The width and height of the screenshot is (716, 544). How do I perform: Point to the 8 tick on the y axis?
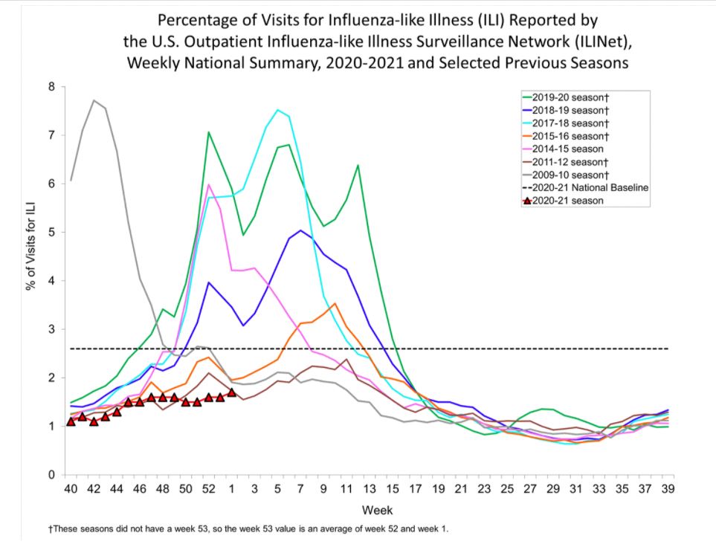pos(51,87)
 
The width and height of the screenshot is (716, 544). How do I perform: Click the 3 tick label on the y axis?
pos(51,329)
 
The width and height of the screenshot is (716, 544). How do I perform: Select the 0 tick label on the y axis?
pos(51,475)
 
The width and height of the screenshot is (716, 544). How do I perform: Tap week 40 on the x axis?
pos(71,489)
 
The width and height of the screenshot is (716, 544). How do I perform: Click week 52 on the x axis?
pos(209,489)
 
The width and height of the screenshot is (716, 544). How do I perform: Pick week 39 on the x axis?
pos(668,489)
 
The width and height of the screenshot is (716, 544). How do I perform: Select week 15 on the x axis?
pos(393,489)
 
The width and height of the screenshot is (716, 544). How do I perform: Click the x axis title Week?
pos(372,511)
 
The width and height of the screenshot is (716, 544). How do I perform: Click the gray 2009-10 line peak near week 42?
pos(94,100)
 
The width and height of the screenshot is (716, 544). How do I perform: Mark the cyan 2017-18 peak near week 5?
pos(277,110)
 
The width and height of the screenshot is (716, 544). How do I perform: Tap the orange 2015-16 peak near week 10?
pos(335,303)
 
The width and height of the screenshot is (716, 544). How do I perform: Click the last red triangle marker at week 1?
pos(231,392)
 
